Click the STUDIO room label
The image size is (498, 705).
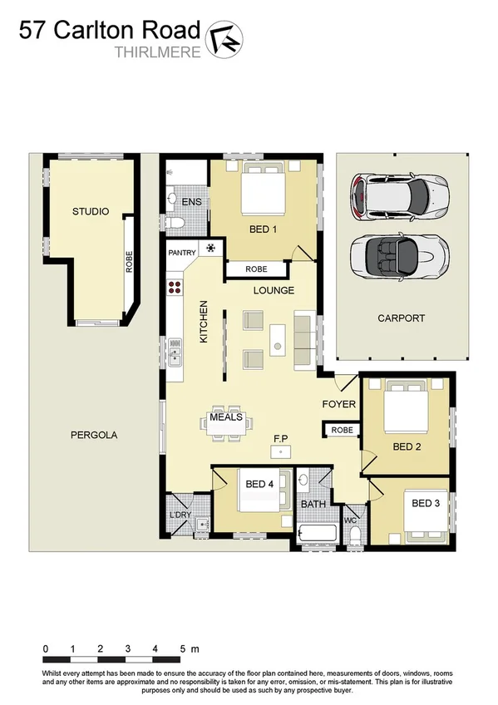tap(90, 211)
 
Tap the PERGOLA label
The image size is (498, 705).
tap(93, 434)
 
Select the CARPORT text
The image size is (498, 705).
tap(401, 318)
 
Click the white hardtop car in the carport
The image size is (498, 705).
tap(401, 196)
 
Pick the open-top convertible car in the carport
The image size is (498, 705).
tap(400, 255)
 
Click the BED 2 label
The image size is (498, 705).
tap(407, 446)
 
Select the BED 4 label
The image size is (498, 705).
tap(259, 483)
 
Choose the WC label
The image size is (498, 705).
tap(350, 520)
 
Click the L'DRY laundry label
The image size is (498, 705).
tap(180, 515)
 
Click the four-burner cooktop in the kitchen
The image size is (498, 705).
tap(175, 288)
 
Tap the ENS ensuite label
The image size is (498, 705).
tap(191, 202)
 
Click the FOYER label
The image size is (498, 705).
tap(338, 404)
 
